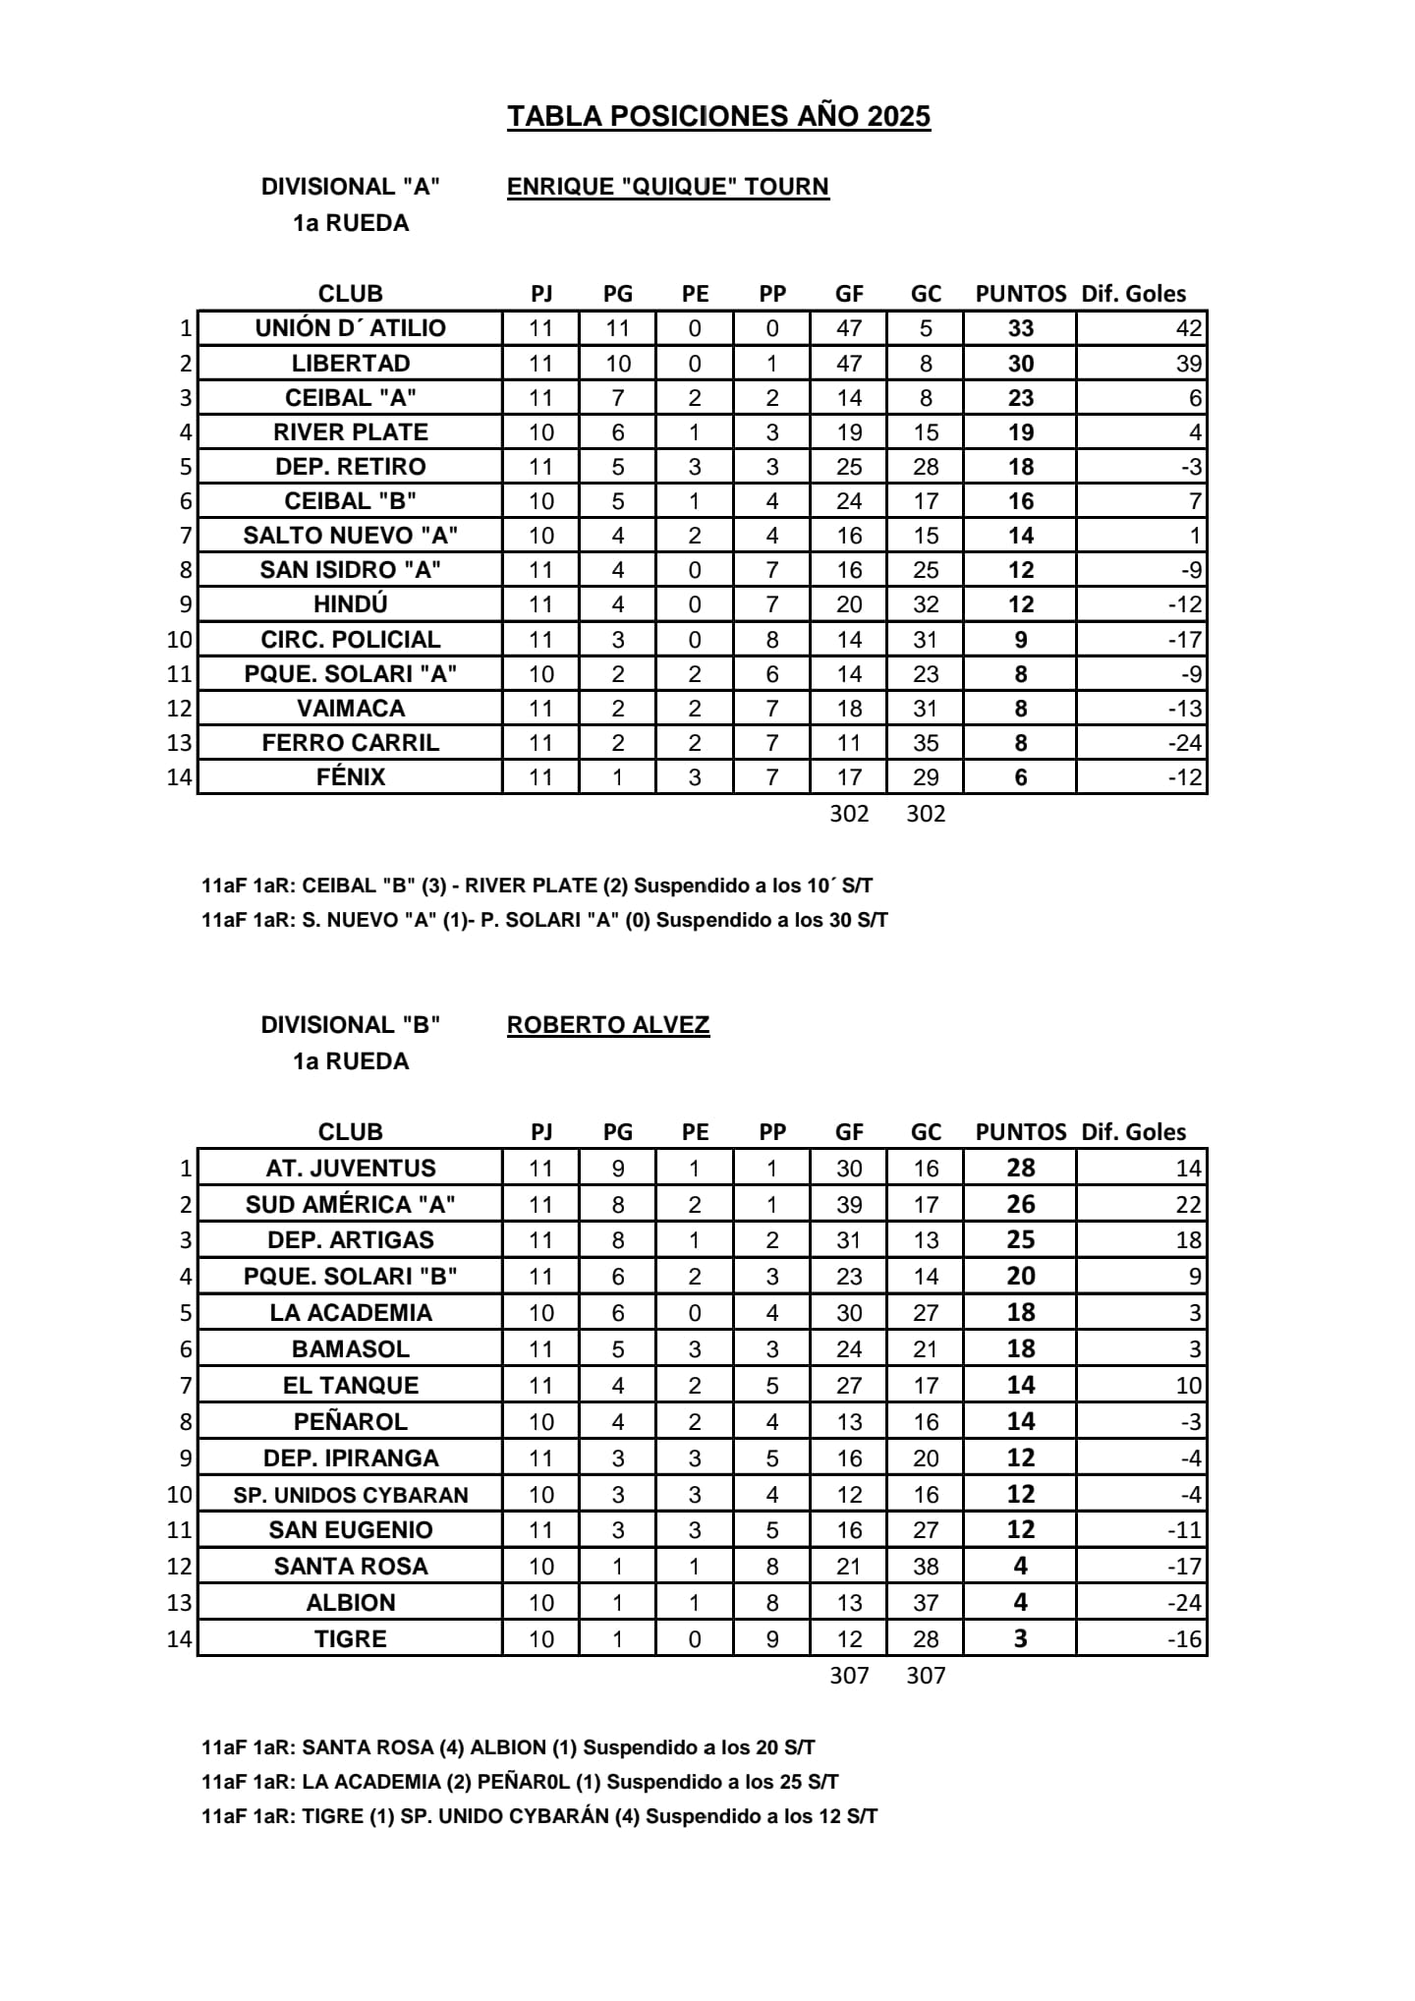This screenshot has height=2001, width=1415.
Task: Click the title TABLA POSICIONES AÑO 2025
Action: tap(718, 116)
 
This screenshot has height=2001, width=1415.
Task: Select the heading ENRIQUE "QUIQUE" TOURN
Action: tap(667, 187)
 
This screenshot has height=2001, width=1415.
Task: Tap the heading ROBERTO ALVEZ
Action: tap(607, 1025)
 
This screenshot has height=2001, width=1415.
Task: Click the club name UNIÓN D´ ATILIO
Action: tap(350, 328)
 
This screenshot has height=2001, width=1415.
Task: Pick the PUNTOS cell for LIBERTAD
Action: tap(1020, 364)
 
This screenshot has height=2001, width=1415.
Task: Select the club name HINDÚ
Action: tap(350, 604)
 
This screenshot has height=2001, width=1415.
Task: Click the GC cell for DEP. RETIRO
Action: tap(925, 467)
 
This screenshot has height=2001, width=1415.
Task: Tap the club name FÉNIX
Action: tap(350, 777)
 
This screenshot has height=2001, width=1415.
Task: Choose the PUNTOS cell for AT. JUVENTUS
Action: tap(1020, 1168)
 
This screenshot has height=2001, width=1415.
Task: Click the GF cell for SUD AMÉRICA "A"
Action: tap(848, 1205)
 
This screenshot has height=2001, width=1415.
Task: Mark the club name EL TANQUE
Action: tap(350, 1386)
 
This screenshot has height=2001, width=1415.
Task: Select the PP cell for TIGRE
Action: tap(771, 1639)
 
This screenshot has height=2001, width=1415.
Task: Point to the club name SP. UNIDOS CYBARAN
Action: tap(350, 1495)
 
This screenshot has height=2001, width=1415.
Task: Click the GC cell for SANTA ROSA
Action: tap(925, 1567)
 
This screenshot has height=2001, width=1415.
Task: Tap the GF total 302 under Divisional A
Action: tap(848, 814)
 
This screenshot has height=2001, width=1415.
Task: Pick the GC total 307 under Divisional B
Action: tap(925, 1676)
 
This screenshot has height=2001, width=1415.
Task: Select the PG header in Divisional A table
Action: tap(617, 294)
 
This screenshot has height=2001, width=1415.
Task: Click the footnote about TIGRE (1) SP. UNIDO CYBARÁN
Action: tap(538, 1816)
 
